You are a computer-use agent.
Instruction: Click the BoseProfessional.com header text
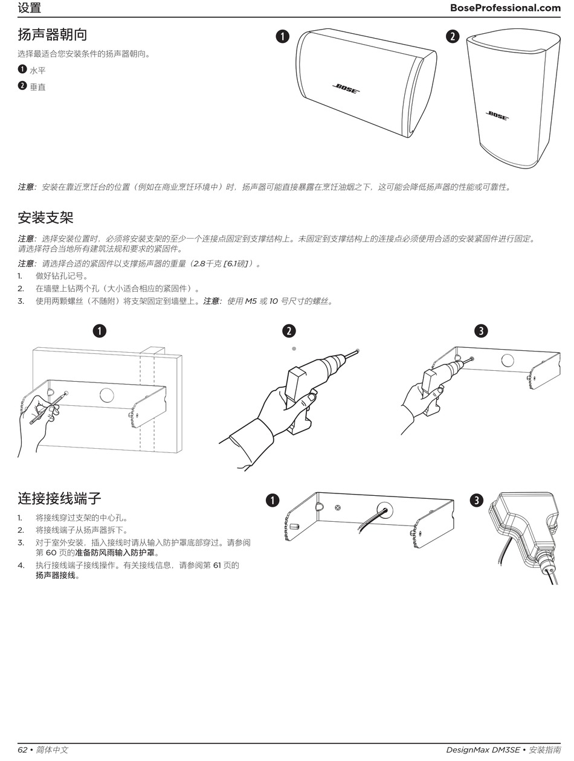[505, 8]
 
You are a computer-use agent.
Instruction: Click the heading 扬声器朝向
[52, 34]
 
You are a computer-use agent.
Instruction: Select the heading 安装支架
[45, 217]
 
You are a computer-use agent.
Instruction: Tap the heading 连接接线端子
[59, 498]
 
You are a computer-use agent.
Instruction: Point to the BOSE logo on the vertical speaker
[498, 115]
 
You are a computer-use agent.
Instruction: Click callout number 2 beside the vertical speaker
[452, 36]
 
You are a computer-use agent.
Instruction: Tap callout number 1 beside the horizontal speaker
[282, 36]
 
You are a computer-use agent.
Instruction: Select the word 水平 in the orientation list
[37, 71]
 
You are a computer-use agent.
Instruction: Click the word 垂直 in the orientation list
[37, 87]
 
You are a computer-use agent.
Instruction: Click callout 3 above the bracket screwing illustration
[481, 330]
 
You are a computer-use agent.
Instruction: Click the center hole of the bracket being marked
[106, 396]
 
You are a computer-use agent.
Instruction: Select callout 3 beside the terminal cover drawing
[477, 500]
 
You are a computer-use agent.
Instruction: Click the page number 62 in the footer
[23, 750]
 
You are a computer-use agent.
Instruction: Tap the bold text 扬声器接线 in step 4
[55, 576]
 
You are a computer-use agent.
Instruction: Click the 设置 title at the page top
[29, 8]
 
